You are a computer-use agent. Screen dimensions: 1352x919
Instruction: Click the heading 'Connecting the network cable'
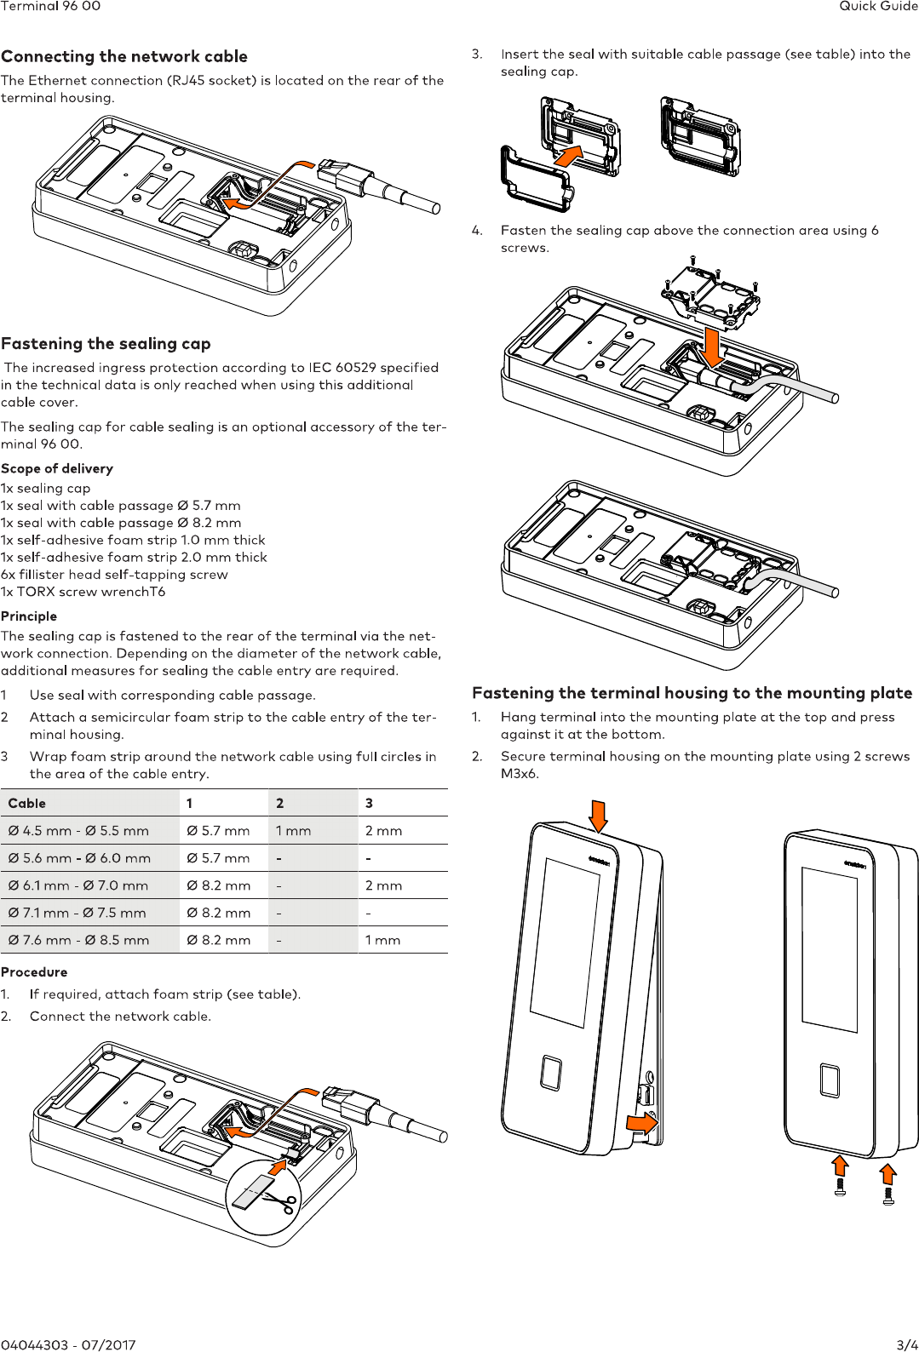(124, 56)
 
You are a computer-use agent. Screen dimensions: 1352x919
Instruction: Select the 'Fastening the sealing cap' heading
(106, 343)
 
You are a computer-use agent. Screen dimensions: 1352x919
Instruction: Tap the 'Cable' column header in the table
(27, 803)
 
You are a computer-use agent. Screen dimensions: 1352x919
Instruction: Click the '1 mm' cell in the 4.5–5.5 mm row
(293, 831)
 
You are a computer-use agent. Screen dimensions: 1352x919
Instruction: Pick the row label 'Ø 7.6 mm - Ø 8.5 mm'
(78, 940)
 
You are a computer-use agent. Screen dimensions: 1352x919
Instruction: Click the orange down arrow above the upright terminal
(599, 816)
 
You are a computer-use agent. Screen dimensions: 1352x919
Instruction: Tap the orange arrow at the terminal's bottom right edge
(641, 1123)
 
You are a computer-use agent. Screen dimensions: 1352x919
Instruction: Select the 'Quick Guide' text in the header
(878, 6)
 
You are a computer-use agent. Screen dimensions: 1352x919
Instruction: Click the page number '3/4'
(907, 1345)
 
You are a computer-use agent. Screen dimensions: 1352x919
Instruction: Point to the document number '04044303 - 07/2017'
(68, 1345)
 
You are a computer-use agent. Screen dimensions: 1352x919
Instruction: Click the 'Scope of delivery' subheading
(57, 468)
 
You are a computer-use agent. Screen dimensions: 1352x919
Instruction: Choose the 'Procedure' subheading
(34, 971)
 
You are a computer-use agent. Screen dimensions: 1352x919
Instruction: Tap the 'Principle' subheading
(29, 616)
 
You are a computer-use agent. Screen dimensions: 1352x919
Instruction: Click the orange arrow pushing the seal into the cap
(568, 156)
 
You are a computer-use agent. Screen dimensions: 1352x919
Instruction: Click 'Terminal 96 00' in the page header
(50, 6)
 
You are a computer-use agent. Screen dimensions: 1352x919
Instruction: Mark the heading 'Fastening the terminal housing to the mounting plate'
(692, 693)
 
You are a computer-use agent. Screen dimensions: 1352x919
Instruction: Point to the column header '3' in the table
(369, 803)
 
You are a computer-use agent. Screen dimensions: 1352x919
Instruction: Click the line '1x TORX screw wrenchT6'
(83, 592)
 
